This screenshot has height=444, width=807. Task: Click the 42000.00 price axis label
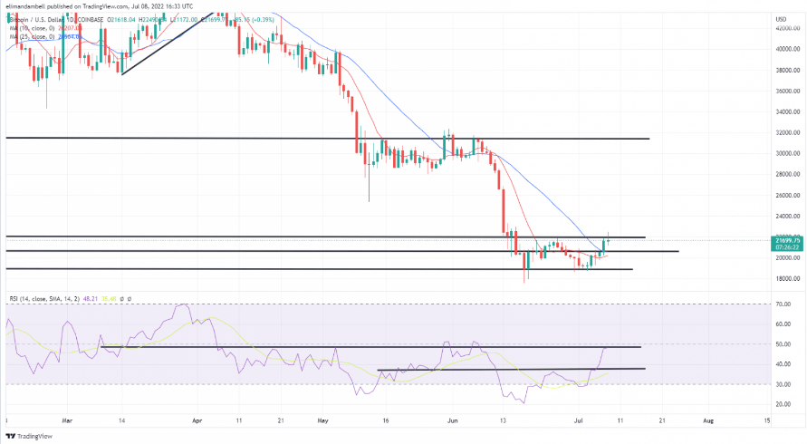tap(784, 28)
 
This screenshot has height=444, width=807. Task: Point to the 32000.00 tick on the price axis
tap(784, 132)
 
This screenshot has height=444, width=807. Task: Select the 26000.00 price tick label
tap(784, 195)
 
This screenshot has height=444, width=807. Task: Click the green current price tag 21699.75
tap(785, 239)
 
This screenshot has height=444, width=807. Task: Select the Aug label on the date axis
tap(709, 421)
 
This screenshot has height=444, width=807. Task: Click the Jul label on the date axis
tap(578, 421)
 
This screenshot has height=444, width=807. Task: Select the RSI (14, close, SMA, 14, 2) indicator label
tap(46, 297)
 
